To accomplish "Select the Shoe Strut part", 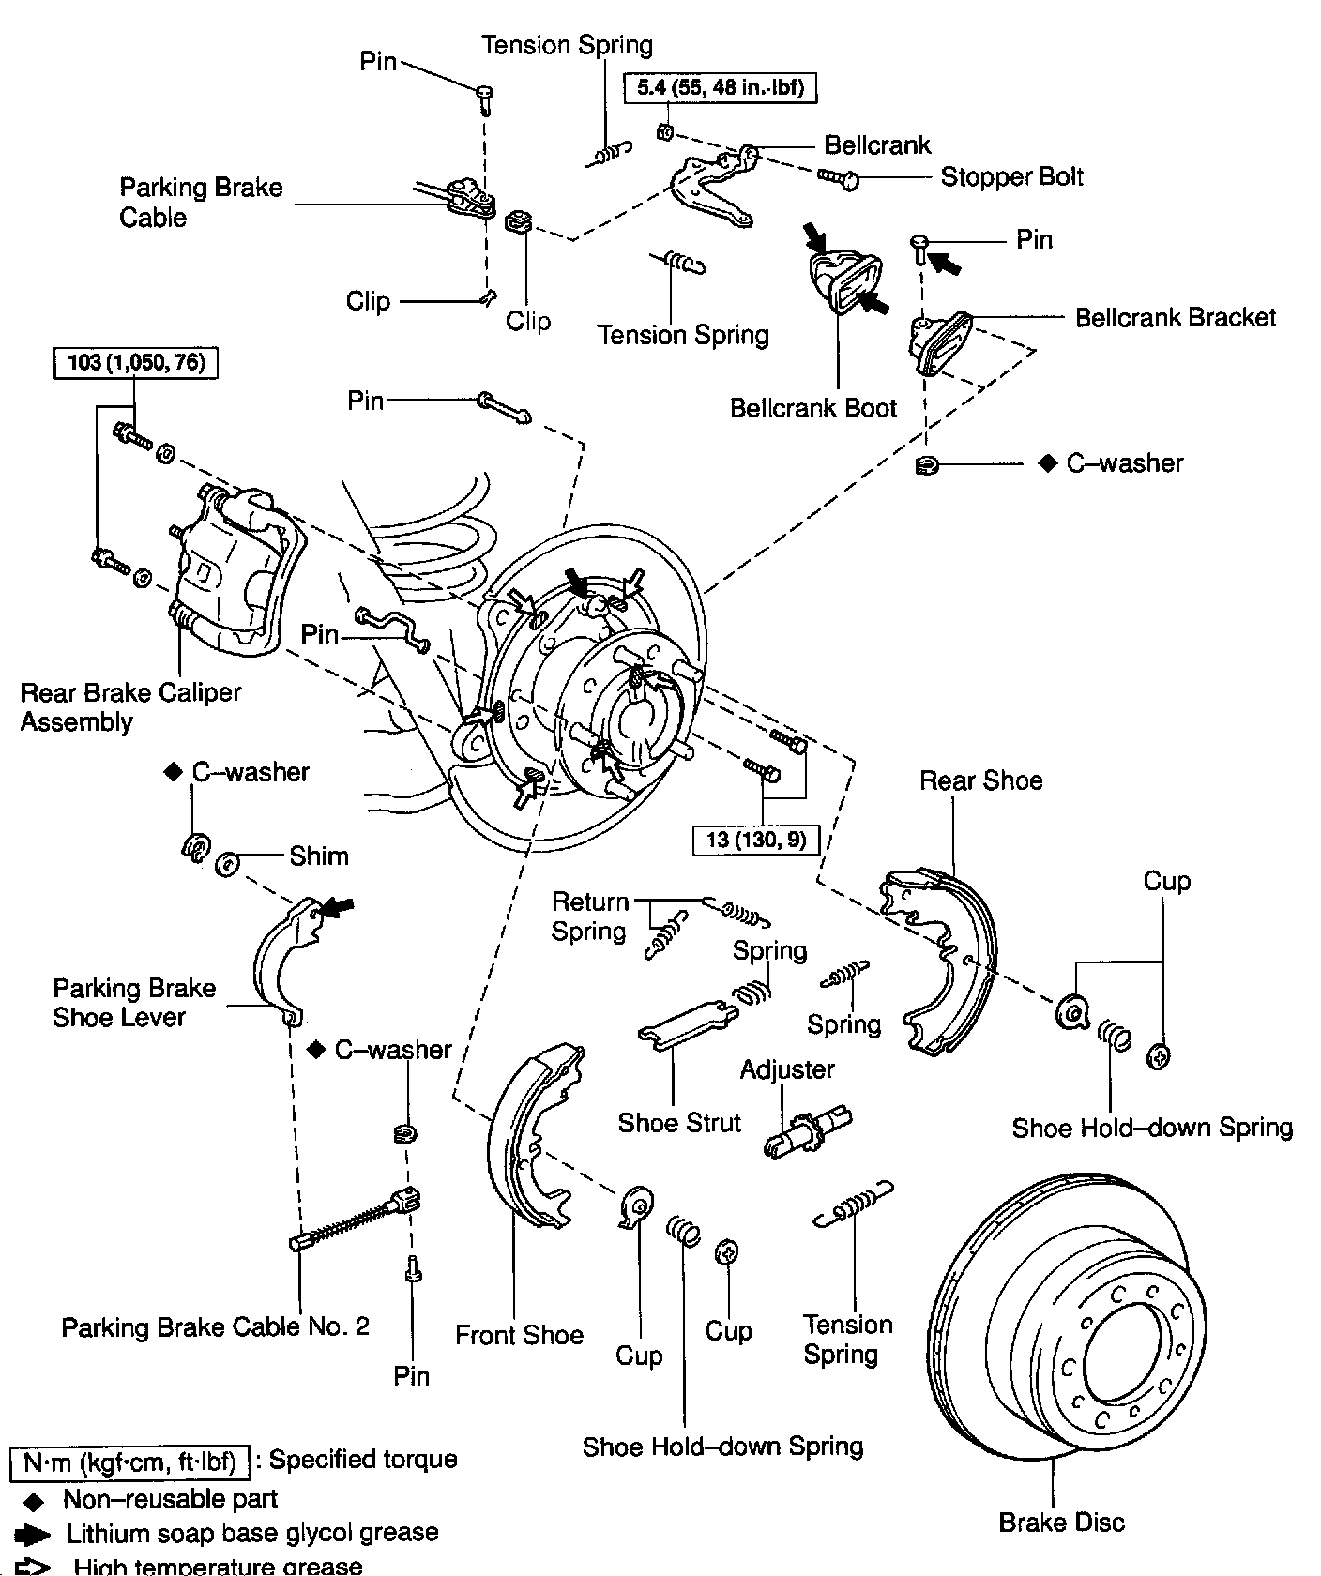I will pos(685,1023).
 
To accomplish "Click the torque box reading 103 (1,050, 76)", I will pos(136,362).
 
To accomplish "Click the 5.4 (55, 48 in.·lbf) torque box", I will pos(721,88).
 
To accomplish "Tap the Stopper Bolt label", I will pos(1011,176).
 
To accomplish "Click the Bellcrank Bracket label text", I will pos(1175,317).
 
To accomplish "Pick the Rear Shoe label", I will pos(980,780).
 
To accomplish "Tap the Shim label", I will pos(318,856).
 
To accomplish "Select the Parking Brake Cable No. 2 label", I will pos(215,1326).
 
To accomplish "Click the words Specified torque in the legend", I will pos(363,1460).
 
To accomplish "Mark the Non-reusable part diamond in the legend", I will pos(35,1500).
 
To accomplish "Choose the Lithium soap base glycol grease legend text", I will pos(251,1533).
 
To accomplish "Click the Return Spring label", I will pos(589,917).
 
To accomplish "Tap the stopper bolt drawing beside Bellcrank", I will pos(838,177).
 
